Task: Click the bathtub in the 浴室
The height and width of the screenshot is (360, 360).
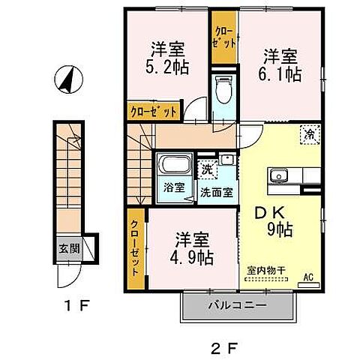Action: click(174, 166)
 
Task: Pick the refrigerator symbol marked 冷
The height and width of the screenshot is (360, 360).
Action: click(309, 136)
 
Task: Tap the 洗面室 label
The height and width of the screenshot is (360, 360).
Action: click(214, 192)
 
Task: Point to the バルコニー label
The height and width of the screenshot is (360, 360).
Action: click(238, 304)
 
